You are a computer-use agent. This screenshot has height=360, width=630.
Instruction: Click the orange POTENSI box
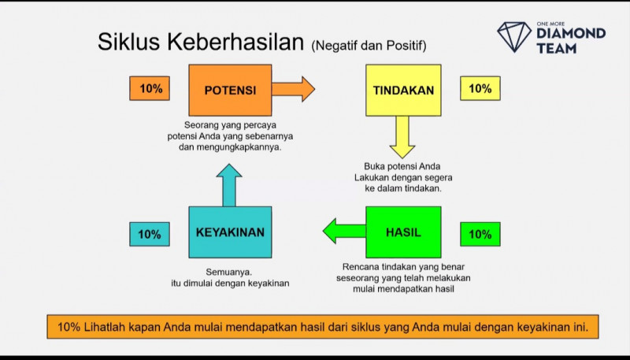click(x=230, y=90)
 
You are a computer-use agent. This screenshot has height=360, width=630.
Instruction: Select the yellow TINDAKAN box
click(x=403, y=90)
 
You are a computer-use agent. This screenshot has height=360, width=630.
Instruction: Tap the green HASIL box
click(x=403, y=232)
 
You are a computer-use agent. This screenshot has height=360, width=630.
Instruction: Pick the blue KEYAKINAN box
click(x=230, y=232)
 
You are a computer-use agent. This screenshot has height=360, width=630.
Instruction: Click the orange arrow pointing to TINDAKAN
click(x=293, y=89)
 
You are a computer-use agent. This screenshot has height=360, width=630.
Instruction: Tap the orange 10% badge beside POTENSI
click(x=150, y=89)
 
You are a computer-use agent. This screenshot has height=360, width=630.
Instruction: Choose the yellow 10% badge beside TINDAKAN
click(x=480, y=89)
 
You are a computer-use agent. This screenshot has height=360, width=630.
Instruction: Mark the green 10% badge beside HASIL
click(x=480, y=234)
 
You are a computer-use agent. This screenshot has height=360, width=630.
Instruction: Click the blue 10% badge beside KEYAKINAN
click(x=150, y=234)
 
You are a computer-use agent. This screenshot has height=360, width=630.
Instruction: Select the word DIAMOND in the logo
click(x=571, y=34)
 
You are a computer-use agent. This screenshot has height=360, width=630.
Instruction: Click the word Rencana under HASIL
click(x=362, y=267)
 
